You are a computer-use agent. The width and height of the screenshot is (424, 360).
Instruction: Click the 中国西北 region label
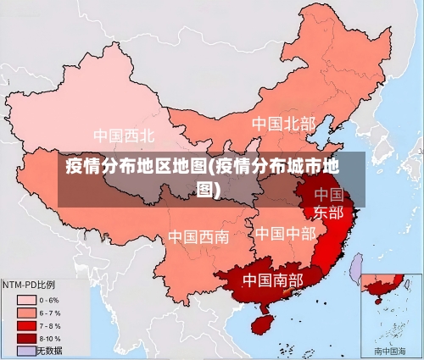124,135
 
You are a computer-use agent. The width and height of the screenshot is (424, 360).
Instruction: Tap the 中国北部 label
283,124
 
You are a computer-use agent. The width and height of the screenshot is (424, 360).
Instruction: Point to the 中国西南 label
198,236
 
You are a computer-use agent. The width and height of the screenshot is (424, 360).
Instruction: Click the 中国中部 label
285,232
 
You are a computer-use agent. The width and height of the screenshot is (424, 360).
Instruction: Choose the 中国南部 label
272,279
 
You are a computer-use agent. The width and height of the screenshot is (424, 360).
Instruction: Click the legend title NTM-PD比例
29,284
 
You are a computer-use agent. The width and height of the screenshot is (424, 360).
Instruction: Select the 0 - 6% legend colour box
25,300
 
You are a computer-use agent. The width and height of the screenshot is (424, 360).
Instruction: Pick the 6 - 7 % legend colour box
25,313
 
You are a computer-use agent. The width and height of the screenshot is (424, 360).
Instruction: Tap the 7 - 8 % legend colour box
25,325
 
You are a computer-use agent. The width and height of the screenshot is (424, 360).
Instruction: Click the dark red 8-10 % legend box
25,338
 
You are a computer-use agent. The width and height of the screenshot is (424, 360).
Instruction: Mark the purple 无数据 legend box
25,350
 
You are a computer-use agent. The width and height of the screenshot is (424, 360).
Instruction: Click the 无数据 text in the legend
49,350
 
